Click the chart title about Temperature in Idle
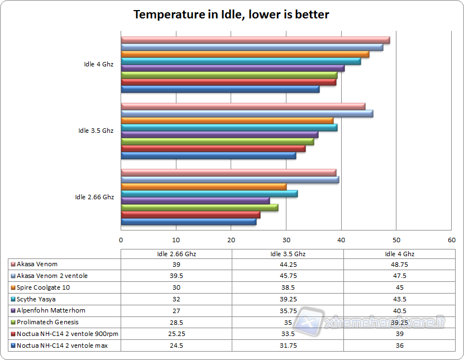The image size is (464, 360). click(231, 15)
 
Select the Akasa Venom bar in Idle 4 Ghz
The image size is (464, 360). click(255, 40)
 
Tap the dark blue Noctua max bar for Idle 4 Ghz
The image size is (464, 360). click(220, 89)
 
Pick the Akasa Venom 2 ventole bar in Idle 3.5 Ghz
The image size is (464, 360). click(247, 114)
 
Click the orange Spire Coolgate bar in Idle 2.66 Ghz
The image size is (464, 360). click(204, 187)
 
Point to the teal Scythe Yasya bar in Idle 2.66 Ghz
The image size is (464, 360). click(209, 194)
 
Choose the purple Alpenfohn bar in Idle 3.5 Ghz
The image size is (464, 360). click(219, 135)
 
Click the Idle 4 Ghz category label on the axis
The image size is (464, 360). click(98, 64)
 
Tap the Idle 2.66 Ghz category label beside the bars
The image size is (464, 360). click(94, 197)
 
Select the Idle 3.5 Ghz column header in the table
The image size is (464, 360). click(288, 253)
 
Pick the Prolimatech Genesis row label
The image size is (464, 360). click(47, 322)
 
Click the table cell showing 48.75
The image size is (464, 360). click(399, 264)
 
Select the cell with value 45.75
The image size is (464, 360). click(288, 276)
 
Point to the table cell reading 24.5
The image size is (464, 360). click(176, 345)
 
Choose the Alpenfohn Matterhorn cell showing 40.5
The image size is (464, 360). click(399, 310)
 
